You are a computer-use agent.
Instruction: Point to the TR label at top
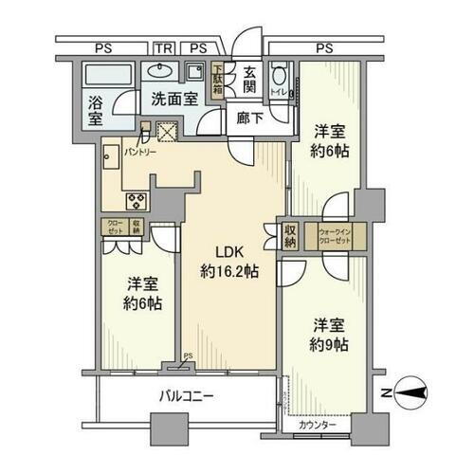point(163,47)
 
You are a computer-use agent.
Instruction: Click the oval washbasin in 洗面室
point(156,70)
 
